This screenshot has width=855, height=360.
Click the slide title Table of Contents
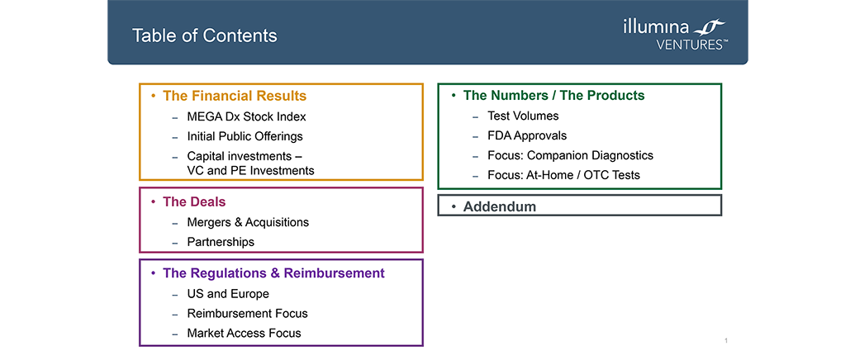click(205, 36)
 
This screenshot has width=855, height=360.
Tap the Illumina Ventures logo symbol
click(710, 27)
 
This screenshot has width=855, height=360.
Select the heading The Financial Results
click(235, 97)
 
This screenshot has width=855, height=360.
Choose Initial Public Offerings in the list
click(245, 136)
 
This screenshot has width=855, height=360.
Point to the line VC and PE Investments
click(251, 170)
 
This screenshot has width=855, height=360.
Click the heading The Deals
click(194, 202)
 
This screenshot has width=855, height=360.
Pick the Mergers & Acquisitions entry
click(248, 222)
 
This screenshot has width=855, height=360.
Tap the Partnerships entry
click(221, 242)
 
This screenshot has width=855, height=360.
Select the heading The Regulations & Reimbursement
click(273, 272)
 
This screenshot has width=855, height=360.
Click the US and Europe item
click(228, 294)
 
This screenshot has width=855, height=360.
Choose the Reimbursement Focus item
click(248, 314)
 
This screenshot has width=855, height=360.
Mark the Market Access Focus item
click(244, 333)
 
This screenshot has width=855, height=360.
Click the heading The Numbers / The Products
click(554, 96)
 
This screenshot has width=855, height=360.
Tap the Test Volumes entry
click(523, 116)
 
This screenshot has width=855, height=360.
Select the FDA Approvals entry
click(527, 135)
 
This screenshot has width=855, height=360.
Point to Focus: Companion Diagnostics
click(570, 155)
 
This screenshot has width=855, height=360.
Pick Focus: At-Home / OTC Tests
click(564, 175)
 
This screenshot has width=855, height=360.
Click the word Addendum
click(500, 207)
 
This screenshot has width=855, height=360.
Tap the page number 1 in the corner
click(726, 340)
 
